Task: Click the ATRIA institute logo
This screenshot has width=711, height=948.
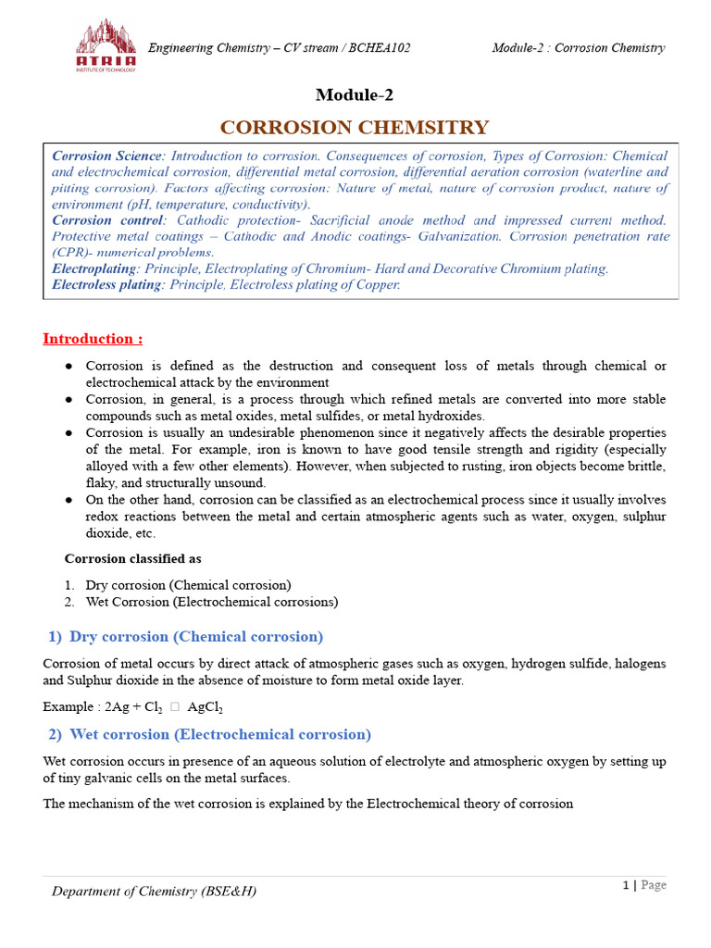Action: click(x=106, y=47)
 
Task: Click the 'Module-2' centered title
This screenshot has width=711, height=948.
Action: click(x=355, y=94)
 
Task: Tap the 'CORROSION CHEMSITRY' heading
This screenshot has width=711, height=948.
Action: click(x=354, y=127)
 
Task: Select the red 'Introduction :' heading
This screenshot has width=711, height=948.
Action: click(x=93, y=339)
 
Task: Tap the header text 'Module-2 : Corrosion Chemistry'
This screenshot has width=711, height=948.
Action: click(x=578, y=48)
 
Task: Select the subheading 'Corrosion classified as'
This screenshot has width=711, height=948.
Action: click(x=132, y=558)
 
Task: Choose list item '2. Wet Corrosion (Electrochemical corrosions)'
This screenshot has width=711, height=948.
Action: click(x=211, y=602)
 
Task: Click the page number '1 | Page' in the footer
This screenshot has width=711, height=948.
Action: click(x=643, y=885)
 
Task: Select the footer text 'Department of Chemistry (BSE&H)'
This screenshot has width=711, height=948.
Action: click(x=154, y=891)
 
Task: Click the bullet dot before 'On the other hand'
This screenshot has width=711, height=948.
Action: click(x=69, y=500)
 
